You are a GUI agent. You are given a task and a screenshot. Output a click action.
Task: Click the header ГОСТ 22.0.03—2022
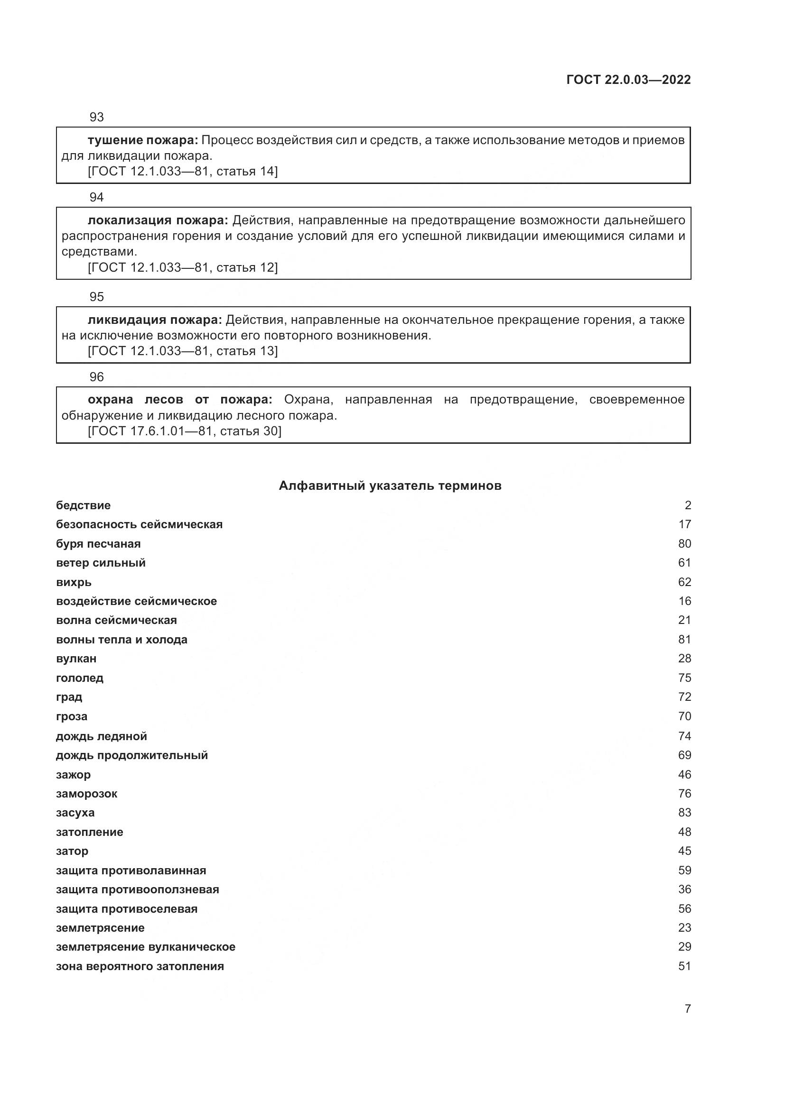click(628, 80)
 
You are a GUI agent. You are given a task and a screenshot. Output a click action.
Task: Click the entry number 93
click(97, 117)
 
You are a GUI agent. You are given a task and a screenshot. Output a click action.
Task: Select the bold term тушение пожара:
click(142, 140)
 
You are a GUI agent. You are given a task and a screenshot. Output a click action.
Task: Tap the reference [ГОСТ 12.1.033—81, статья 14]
click(183, 171)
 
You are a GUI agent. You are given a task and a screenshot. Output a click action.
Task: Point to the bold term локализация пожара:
click(158, 220)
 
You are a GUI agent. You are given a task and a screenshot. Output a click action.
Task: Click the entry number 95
click(97, 296)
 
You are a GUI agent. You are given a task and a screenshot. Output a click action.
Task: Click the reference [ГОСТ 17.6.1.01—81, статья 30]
click(185, 431)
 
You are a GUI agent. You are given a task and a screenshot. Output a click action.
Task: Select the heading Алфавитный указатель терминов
click(390, 486)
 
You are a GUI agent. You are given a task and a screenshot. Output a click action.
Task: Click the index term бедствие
click(83, 505)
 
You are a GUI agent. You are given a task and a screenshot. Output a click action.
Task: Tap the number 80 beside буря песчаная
click(684, 544)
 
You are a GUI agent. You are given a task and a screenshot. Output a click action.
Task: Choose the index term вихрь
click(74, 582)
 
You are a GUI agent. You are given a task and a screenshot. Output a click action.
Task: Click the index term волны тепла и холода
click(121, 640)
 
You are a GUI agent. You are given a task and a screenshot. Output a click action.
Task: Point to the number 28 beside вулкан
click(684, 659)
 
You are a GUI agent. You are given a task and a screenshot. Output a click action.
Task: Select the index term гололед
click(80, 678)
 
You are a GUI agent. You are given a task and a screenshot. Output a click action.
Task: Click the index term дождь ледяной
click(102, 736)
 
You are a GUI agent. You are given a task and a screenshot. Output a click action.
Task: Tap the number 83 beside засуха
click(684, 813)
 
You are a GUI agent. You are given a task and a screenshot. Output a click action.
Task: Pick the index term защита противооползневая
click(137, 889)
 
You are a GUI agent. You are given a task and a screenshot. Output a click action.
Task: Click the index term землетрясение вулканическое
click(146, 947)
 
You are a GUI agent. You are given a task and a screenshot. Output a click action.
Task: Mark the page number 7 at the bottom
click(687, 1008)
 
